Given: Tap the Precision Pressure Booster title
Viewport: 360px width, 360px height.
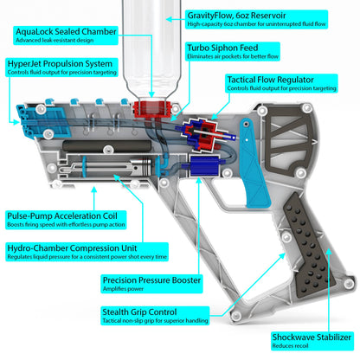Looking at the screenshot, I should click(x=152, y=280).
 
